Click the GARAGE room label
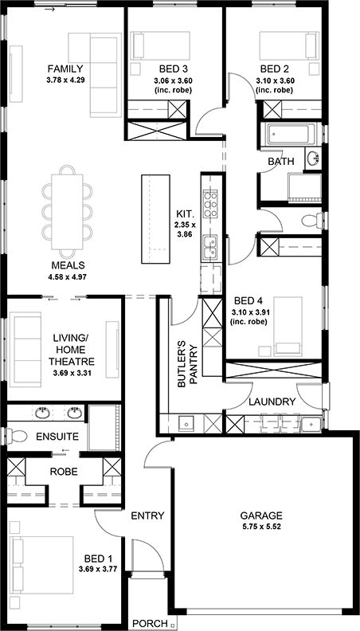coord(261,515)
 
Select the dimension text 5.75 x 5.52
coord(261,526)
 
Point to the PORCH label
coord(150,624)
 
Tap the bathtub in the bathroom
coord(289,135)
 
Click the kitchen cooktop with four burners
coord(210,203)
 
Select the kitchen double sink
coord(210,247)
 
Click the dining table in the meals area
coord(67,211)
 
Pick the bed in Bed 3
coord(162,45)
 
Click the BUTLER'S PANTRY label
coord(188,366)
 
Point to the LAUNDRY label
coord(272,402)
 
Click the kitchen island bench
coord(155,219)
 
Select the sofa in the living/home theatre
coord(27,349)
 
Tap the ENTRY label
coord(147,515)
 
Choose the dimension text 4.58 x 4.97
coord(68,276)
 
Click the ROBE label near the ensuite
coord(64,472)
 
